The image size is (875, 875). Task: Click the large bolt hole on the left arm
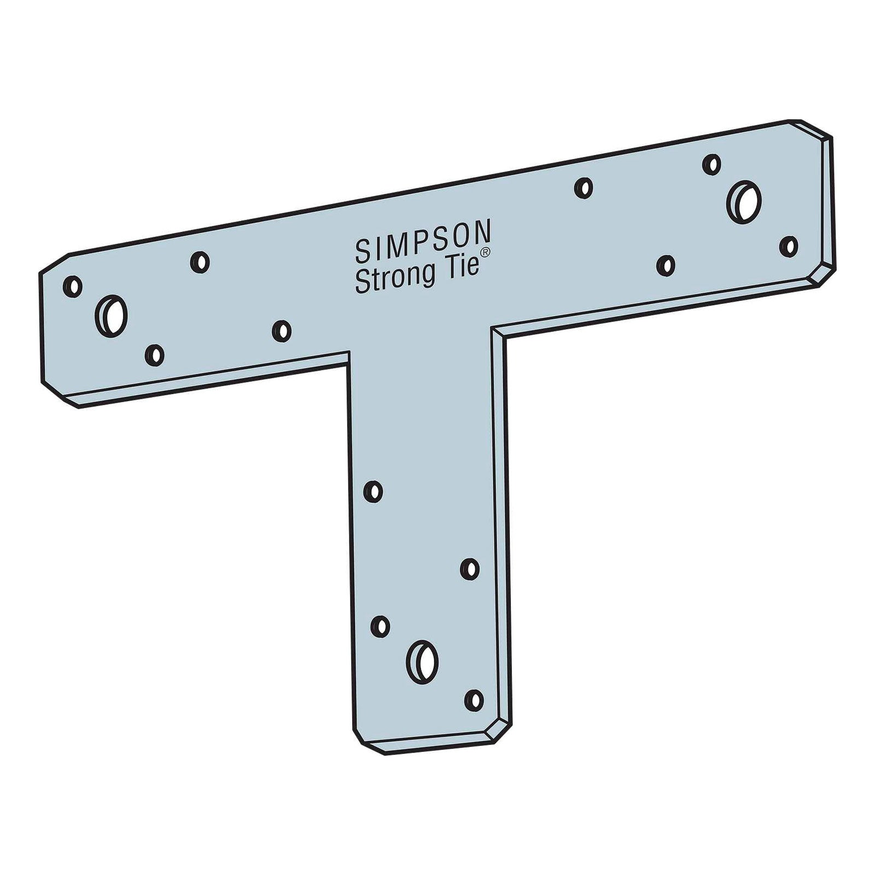112,316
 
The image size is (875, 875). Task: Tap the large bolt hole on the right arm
744,201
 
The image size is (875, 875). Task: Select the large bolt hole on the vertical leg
423,660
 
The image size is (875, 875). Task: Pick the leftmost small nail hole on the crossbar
73,287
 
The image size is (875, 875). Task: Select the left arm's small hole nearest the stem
282,331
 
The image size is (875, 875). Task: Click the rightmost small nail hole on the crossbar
789,246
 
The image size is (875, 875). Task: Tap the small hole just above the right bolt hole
711,164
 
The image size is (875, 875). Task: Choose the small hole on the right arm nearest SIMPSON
584,188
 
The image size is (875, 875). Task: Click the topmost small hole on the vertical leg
373,491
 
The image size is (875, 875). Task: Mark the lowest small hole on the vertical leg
474,699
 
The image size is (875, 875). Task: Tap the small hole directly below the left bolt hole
155,355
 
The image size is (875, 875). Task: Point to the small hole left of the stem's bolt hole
380,626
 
